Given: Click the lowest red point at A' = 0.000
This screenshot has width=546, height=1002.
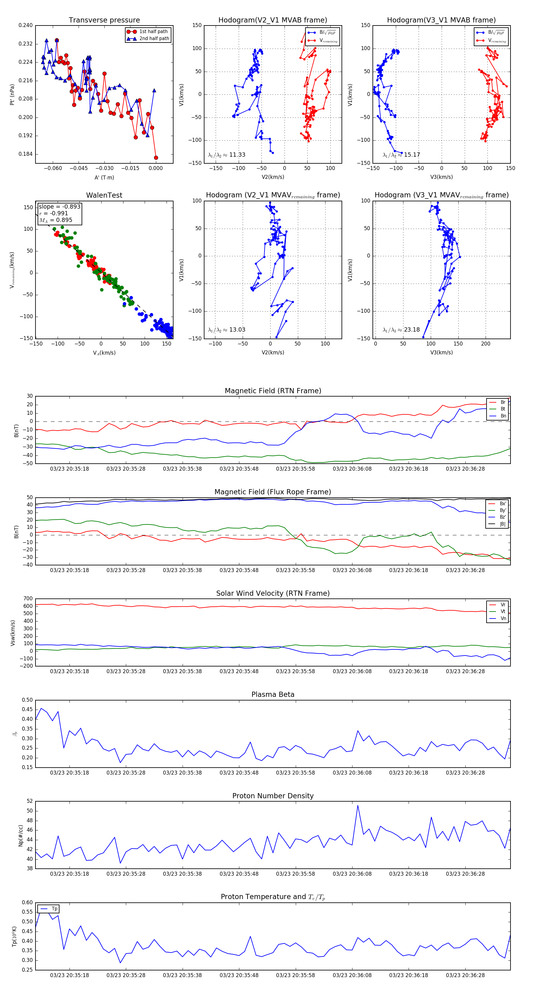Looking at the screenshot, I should click(x=156, y=158).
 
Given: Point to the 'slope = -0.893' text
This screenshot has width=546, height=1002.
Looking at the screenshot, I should click(x=59, y=206).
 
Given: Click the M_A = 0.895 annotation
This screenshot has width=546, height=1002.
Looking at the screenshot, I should click(x=56, y=220).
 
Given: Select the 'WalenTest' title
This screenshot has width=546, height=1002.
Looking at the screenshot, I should click(x=104, y=195).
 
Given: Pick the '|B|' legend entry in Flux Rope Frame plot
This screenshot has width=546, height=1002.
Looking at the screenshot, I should click(x=502, y=524).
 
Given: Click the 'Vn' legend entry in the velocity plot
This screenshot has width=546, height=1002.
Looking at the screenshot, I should click(x=503, y=619).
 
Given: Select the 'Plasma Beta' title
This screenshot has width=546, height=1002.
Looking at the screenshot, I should click(x=273, y=695).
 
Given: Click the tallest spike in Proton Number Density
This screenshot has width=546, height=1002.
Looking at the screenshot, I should click(x=358, y=805).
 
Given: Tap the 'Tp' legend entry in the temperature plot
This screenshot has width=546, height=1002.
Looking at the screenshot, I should click(x=54, y=909).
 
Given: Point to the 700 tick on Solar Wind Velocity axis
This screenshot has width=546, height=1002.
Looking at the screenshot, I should click(x=28, y=599).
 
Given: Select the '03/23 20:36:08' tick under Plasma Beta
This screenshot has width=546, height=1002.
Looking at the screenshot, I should click(x=352, y=772).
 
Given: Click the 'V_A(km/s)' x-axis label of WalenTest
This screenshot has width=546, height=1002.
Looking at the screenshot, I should click(x=104, y=353).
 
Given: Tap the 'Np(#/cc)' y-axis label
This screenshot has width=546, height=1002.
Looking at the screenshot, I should click(x=21, y=836).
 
